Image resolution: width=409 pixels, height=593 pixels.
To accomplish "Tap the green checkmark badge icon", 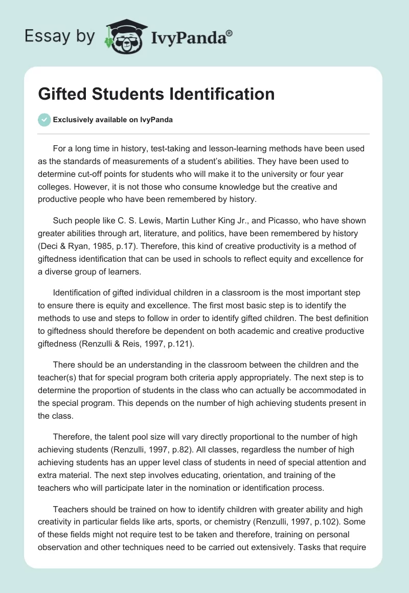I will tap(44, 120).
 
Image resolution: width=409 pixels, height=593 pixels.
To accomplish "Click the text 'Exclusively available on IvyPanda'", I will tap(113, 120).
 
